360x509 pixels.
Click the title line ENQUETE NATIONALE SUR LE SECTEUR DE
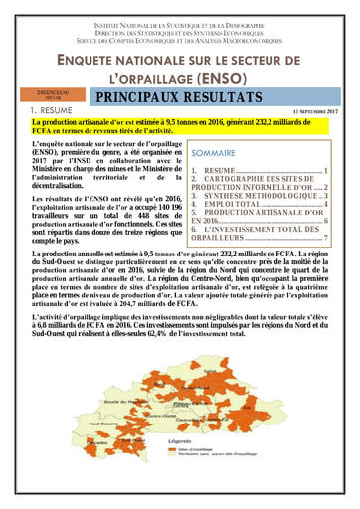click(179, 58)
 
